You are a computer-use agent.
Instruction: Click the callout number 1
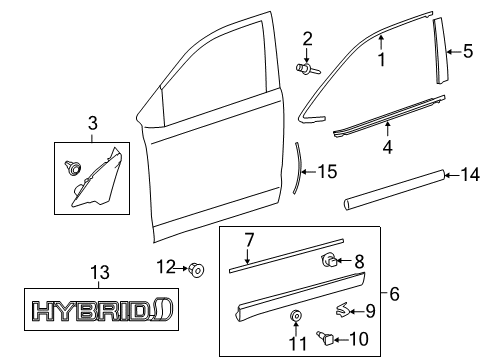[381, 59]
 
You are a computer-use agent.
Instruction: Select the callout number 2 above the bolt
[308, 39]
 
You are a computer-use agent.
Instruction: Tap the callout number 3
[93, 123]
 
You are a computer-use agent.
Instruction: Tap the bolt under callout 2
[306, 69]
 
